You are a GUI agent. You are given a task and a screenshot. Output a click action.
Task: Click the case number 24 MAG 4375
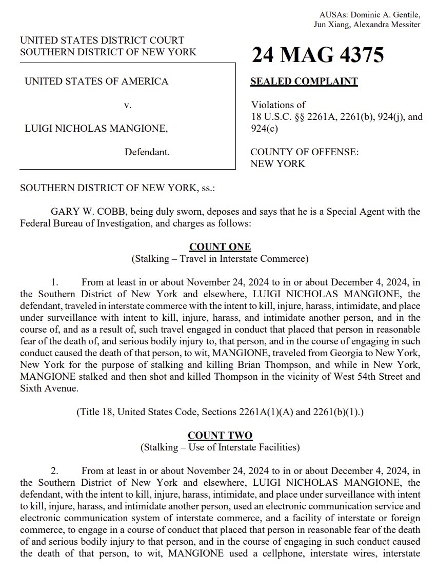pos(317,55)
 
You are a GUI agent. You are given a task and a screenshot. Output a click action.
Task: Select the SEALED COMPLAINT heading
pos(304,81)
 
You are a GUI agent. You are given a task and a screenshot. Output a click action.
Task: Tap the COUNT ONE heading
pos(220,247)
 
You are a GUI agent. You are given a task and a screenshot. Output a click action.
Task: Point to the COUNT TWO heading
pos(220,436)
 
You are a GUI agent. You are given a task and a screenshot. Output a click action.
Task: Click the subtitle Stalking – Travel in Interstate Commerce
pos(220,259)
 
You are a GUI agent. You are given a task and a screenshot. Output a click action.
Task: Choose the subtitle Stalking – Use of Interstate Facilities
pos(220,447)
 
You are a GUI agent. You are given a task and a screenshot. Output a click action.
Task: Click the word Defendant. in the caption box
pos(147,152)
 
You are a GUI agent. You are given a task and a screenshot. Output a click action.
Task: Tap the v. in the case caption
pos(128,106)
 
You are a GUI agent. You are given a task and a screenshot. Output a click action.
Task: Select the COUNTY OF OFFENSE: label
pos(304,152)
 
